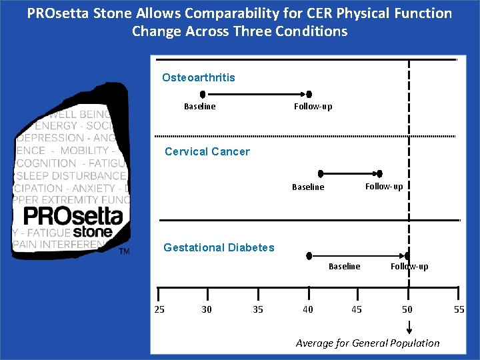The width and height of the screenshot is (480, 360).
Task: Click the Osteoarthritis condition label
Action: (x=198, y=77)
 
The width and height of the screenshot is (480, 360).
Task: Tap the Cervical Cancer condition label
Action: (x=207, y=151)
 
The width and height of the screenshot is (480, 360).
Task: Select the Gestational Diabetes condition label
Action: (x=219, y=247)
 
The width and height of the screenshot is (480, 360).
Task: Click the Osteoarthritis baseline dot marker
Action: (x=203, y=95)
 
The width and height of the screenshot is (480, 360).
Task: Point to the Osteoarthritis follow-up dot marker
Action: (x=309, y=95)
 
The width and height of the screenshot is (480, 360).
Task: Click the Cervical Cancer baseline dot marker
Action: (x=321, y=173)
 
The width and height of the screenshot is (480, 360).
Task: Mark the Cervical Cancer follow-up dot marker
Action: (x=379, y=173)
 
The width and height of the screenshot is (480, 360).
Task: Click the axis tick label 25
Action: (x=159, y=309)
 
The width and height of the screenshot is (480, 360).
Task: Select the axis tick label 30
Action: (x=207, y=309)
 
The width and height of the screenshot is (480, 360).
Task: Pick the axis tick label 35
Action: (x=258, y=309)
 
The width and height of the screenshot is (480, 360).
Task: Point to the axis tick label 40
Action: (x=307, y=309)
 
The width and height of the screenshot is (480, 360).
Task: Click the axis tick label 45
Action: (x=357, y=309)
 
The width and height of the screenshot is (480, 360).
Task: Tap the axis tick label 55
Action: (x=459, y=309)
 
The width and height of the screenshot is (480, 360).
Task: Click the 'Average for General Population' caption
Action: (x=367, y=343)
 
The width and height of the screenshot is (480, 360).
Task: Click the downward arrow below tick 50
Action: (x=409, y=327)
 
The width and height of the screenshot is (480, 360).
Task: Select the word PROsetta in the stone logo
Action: (x=73, y=216)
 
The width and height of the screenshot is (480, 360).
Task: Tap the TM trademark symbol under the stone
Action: (x=124, y=251)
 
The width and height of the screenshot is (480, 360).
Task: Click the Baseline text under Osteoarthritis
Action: (x=199, y=107)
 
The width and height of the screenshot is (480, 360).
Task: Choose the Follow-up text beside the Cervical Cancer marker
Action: (x=384, y=187)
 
